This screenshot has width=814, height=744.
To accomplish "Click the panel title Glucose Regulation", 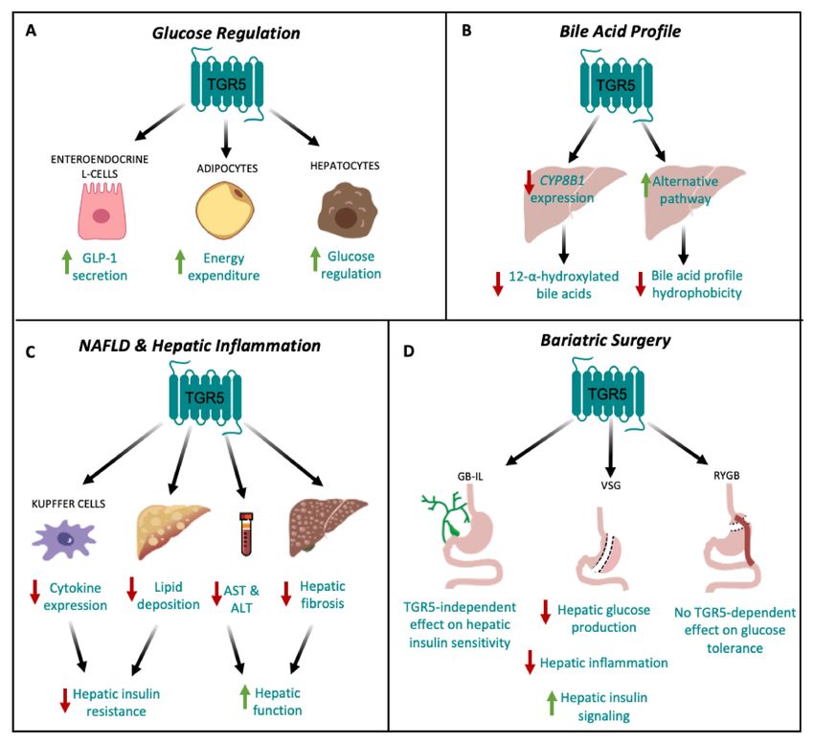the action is click(x=226, y=34).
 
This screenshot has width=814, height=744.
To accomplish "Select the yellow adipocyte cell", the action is click(x=225, y=211).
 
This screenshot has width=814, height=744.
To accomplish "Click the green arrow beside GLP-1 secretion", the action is click(x=66, y=261).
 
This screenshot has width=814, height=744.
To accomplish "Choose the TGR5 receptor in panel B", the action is click(x=616, y=84).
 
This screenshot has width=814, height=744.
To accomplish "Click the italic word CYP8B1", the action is click(x=562, y=181).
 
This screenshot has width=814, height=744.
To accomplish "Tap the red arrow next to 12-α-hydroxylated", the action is click(x=498, y=283).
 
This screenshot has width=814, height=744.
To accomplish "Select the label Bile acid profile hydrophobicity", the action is click(x=696, y=284).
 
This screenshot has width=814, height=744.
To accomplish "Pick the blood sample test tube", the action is click(x=245, y=533).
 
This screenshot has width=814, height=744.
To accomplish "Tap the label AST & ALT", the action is click(x=241, y=598).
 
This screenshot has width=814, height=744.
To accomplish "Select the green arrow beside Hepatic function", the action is click(x=244, y=697).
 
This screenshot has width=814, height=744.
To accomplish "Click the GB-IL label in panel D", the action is click(x=470, y=476).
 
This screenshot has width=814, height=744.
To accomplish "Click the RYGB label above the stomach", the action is click(x=727, y=475).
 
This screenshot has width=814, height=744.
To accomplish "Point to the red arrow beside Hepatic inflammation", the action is click(x=530, y=662).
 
